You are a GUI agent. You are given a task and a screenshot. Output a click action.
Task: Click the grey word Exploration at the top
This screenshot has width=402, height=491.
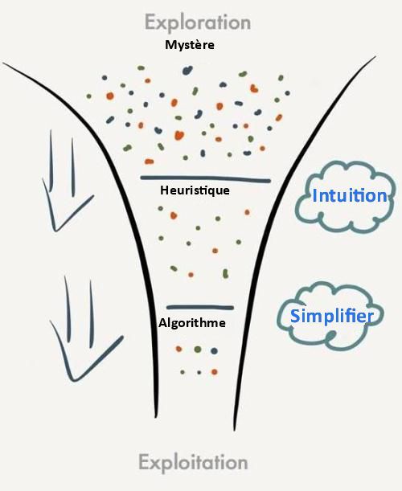[x=198, y=23]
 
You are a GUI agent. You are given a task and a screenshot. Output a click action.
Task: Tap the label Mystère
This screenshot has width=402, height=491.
[x=190, y=45]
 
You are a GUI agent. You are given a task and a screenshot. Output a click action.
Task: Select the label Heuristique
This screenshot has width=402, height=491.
[x=195, y=190]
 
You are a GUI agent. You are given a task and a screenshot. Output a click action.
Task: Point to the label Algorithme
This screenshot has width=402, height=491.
[x=192, y=323]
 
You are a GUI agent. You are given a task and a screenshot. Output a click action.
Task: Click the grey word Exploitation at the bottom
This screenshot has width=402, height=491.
[x=193, y=463]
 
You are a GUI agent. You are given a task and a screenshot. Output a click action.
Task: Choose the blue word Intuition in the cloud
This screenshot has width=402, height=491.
[x=350, y=196]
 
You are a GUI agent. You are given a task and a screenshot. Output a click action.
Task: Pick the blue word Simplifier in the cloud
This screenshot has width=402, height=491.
[x=332, y=316]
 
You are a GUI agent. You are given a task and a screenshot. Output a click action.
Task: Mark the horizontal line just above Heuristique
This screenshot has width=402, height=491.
[x=205, y=179]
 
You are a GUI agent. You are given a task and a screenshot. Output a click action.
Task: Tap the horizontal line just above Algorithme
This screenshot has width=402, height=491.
[x=200, y=308]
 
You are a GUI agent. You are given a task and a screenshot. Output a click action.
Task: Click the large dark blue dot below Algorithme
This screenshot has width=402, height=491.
[x=215, y=351]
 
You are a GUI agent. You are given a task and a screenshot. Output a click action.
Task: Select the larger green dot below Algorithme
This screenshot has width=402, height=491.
[x=198, y=349]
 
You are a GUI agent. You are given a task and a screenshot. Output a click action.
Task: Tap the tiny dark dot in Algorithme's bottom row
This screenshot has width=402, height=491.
[x=199, y=373]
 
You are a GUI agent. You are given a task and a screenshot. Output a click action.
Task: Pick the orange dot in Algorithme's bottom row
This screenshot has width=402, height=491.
[x=215, y=372]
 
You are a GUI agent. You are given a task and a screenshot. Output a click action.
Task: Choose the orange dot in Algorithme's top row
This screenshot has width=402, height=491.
[x=179, y=349]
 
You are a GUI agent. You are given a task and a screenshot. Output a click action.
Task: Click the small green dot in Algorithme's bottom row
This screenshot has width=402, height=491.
[x=183, y=372]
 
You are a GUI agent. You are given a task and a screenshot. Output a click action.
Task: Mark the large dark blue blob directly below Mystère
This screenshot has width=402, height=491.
[x=187, y=71]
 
